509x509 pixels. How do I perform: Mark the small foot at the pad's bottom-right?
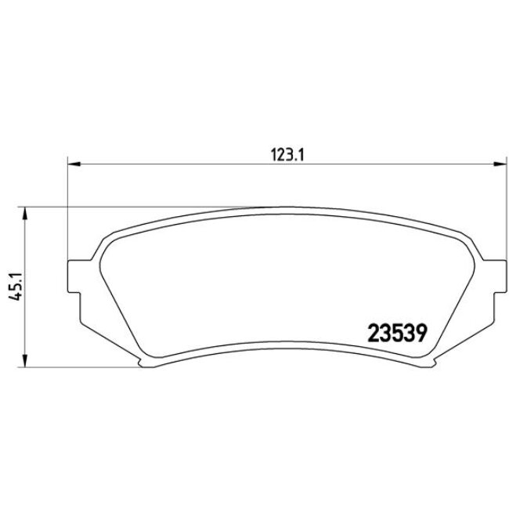(x=431, y=361)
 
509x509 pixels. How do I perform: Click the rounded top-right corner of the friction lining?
(x=460, y=240)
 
